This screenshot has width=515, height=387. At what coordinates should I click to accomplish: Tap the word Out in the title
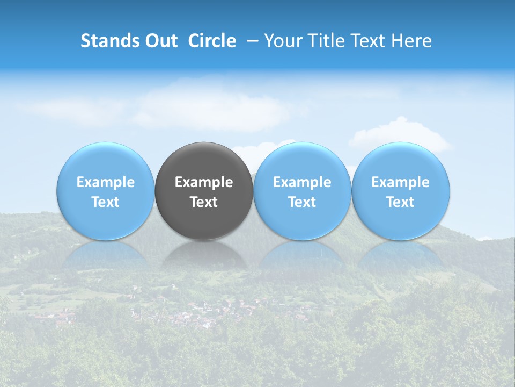coord(160,41)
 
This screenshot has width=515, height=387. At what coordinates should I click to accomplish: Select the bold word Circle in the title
coord(212,41)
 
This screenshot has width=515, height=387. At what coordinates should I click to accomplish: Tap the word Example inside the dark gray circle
coord(204,182)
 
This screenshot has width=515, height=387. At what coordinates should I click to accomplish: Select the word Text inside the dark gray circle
coord(204,202)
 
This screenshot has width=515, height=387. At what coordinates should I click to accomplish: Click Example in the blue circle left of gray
coord(106,182)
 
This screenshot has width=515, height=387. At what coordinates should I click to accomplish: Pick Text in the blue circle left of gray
coord(106,202)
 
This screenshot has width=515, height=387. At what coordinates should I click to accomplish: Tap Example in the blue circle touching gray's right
coord(302,182)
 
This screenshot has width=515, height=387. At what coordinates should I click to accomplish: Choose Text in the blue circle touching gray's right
coord(302,202)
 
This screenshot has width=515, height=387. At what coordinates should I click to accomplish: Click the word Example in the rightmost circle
coord(400,182)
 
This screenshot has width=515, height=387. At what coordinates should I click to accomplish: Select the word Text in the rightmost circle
coord(400,202)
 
